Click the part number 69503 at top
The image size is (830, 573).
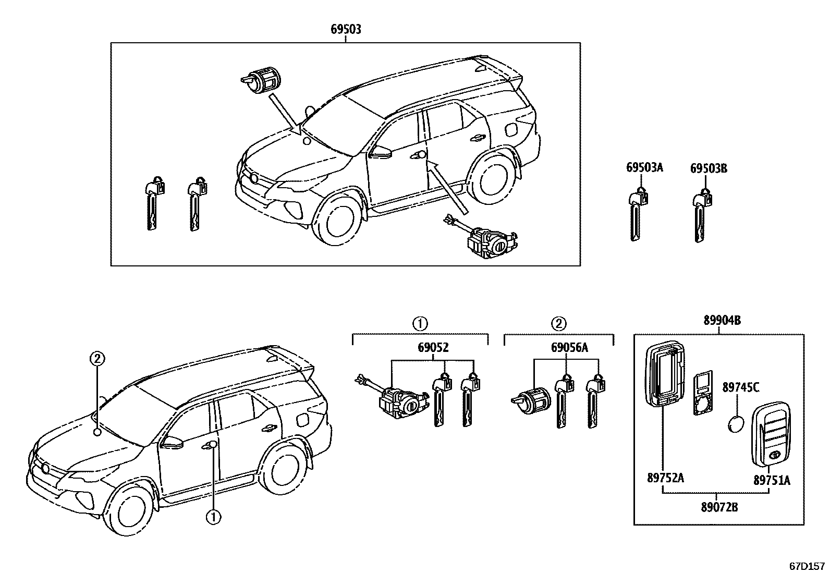346,30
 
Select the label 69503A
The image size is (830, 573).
644,168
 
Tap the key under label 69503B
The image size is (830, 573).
701,216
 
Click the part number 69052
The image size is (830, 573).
432,347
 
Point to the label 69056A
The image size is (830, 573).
569,347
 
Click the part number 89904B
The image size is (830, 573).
722,321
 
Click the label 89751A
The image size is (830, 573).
772,480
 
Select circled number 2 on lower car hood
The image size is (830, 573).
97,358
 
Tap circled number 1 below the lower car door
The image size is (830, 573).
213,517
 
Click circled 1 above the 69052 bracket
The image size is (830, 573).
420,324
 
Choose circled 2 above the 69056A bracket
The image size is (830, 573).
558,324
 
